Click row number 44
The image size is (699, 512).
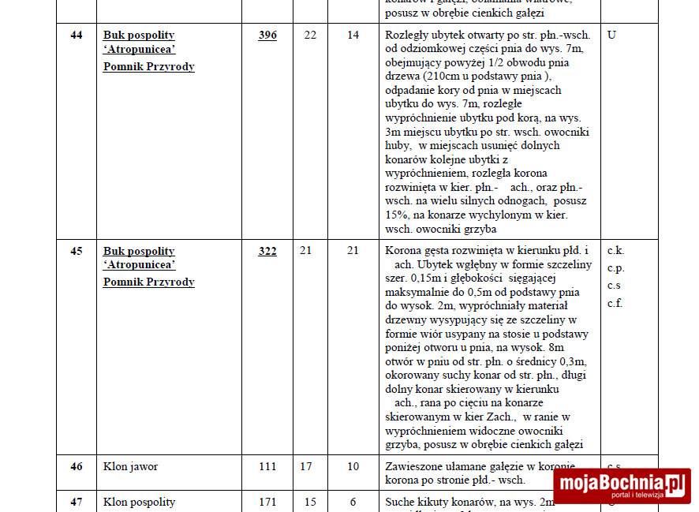(x=77, y=35)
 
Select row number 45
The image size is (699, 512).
(x=77, y=251)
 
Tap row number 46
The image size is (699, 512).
(x=77, y=466)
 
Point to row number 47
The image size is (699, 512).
(x=77, y=502)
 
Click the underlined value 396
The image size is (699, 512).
(x=267, y=35)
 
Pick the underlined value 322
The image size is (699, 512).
(x=267, y=251)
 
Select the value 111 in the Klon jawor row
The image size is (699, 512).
(x=267, y=466)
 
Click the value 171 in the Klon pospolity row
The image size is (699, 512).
(x=267, y=502)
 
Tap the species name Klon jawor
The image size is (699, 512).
(x=130, y=466)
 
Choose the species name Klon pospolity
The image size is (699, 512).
(x=139, y=502)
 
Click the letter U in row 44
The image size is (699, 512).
(x=611, y=35)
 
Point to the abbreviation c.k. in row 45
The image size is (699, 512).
(x=615, y=251)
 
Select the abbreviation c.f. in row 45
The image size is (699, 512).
(x=615, y=303)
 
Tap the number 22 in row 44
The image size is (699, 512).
(x=310, y=35)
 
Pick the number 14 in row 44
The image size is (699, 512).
(x=353, y=35)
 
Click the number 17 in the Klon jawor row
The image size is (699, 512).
(x=306, y=466)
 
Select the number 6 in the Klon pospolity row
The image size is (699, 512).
(x=353, y=502)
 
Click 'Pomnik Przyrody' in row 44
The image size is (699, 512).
(x=148, y=66)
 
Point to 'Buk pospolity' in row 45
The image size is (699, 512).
(x=139, y=251)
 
